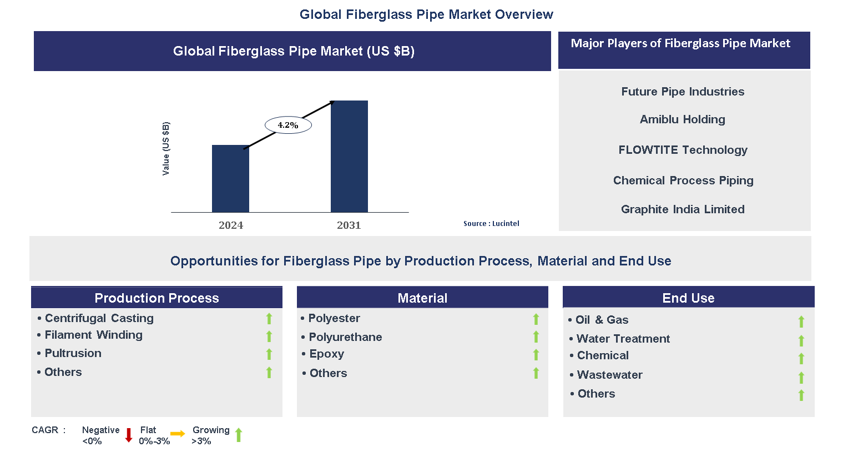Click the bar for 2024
(x=230, y=179)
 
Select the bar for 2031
(x=349, y=157)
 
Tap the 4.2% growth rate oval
(x=288, y=125)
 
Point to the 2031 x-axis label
(x=349, y=225)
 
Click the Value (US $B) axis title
(x=166, y=149)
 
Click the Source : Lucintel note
(x=491, y=223)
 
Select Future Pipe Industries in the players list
(x=683, y=92)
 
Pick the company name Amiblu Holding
(x=682, y=119)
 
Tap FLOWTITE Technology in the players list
(x=683, y=150)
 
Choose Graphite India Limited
(x=683, y=209)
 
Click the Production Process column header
(x=157, y=298)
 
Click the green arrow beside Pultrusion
(x=269, y=354)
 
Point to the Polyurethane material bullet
(x=345, y=337)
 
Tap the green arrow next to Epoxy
(x=536, y=355)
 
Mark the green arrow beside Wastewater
(x=801, y=378)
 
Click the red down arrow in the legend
(x=129, y=435)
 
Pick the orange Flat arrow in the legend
(x=178, y=434)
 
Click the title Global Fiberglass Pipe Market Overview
(x=426, y=14)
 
